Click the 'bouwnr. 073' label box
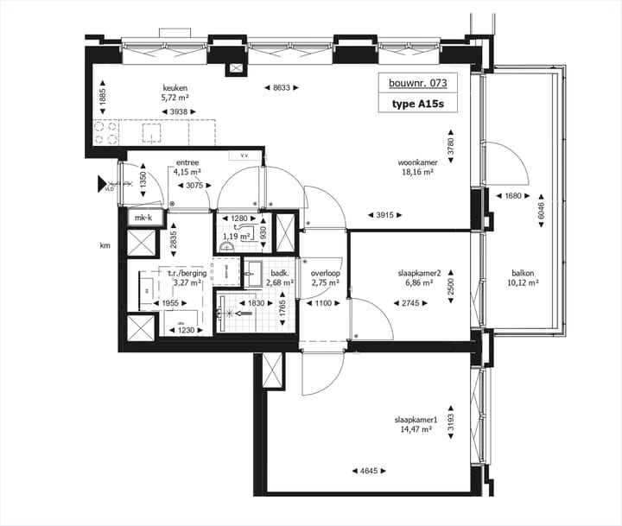click(x=417, y=85)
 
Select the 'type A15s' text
click(x=417, y=105)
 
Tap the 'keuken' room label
click(x=176, y=88)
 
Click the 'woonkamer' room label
click(x=416, y=162)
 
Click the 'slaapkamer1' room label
click(x=416, y=421)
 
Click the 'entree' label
click(x=188, y=162)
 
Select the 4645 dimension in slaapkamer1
click(x=369, y=471)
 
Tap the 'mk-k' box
click(x=143, y=218)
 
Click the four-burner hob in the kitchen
click(x=107, y=132)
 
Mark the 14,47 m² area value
click(x=416, y=430)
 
